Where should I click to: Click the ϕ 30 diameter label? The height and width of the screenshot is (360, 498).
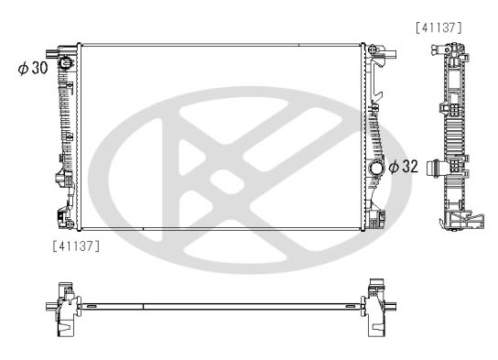(33, 68)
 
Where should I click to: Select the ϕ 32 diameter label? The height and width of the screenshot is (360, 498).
(404, 166)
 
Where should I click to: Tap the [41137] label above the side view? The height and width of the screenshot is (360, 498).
(438, 28)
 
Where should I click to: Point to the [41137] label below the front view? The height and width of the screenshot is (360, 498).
(76, 245)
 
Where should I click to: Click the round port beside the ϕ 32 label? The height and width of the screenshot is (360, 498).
(375, 169)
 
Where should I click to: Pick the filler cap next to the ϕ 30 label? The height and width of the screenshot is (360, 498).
(66, 62)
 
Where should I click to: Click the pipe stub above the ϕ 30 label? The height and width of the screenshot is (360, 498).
(51, 53)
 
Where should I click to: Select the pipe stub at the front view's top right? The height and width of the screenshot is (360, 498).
(390, 54)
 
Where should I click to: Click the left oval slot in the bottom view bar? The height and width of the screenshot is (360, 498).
(92, 306)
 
